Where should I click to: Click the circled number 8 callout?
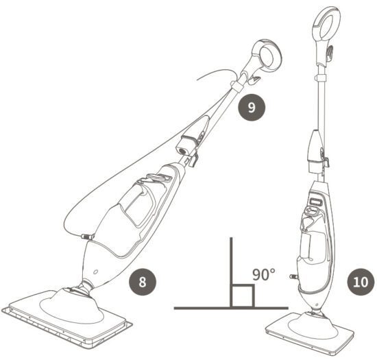pyautogui.click(x=143, y=280)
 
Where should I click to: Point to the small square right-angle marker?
pyautogui.click(x=243, y=296)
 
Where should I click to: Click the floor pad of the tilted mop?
pyautogui.click(x=65, y=311)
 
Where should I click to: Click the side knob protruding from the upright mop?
pyautogui.click(x=294, y=277)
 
